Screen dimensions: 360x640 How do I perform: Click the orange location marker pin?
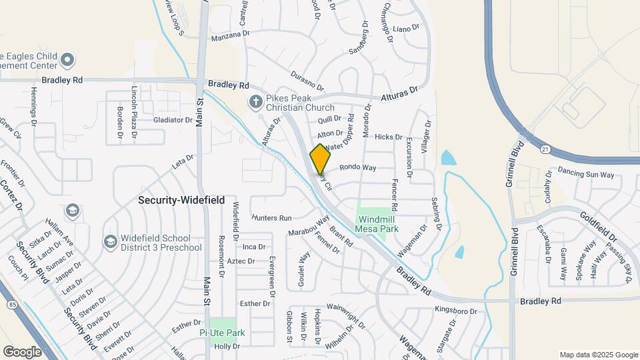coord(321,159)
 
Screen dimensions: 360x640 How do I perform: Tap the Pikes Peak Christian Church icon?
coord(255,102)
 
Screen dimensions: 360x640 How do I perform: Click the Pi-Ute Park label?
coord(223,333)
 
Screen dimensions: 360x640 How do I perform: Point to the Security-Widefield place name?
coord(181,199)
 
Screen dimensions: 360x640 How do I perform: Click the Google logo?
coord(22,351)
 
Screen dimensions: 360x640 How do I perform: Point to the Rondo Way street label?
coord(358,167)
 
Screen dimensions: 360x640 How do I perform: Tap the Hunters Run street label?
coord(272,218)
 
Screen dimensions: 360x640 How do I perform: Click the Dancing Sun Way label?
coord(586,175)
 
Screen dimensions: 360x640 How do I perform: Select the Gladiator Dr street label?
coord(173,120)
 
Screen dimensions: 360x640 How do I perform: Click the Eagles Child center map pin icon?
coord(67,61)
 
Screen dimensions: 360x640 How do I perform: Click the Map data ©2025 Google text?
coord(599,355)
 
